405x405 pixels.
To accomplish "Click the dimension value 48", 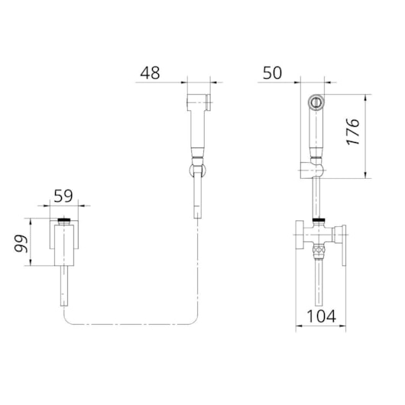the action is tap(150, 73).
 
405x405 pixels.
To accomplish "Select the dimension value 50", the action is tap(272, 73).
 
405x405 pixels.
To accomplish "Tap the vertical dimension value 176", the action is tap(353, 131).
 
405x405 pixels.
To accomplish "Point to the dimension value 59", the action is tap(63, 196).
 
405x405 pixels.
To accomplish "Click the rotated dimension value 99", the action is tap(21, 244).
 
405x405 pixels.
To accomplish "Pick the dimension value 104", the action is tap(322, 316).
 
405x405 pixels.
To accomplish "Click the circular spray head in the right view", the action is tap(315, 102).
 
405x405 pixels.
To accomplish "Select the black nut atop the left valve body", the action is tap(64, 221).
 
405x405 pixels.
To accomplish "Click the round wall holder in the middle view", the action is tap(198, 170).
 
